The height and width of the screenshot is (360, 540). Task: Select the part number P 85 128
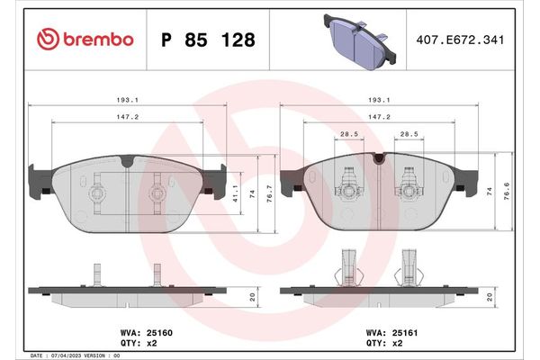tap(207, 40)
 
